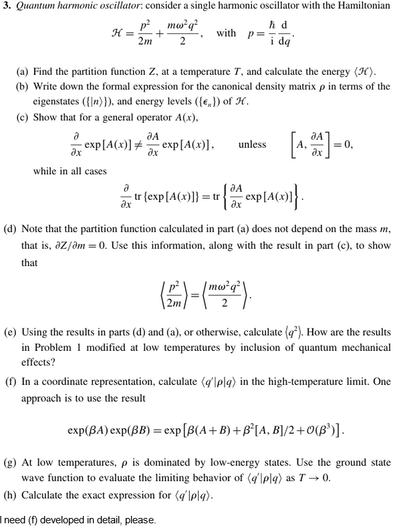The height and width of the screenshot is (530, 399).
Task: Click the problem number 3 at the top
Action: coord(5,7)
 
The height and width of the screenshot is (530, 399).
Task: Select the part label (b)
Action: coord(25,87)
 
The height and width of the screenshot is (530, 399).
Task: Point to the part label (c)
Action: coord(25,118)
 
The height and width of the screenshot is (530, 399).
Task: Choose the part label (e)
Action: coord(11,332)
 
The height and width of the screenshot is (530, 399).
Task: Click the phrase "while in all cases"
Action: coord(70,171)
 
